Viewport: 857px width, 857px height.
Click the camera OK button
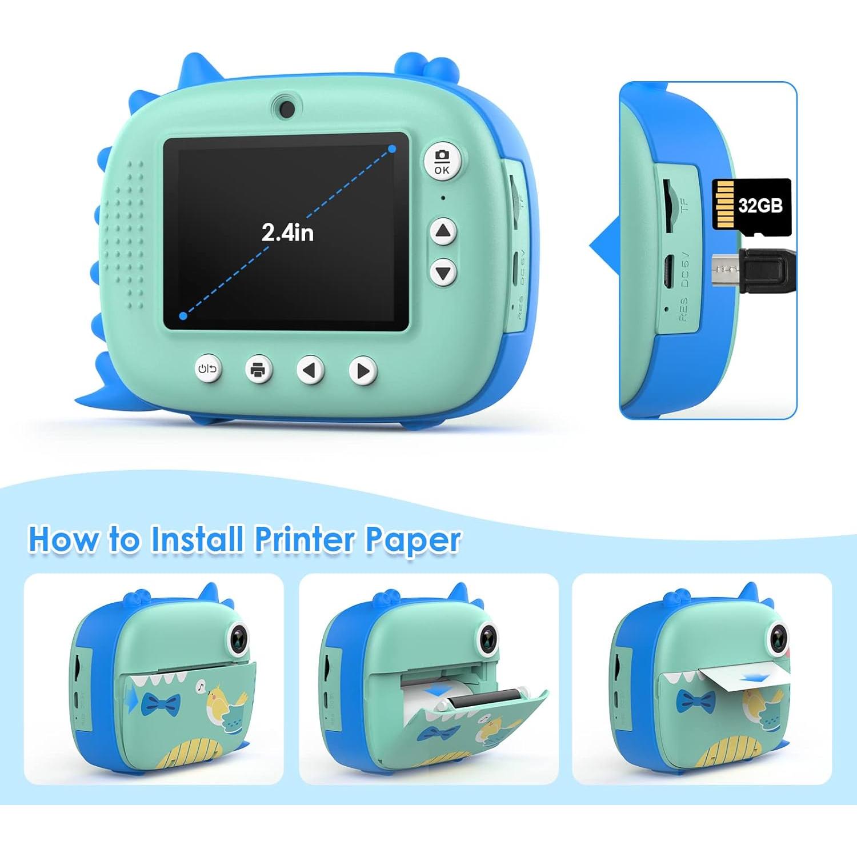click(x=442, y=161)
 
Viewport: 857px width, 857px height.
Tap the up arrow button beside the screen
click(x=443, y=231)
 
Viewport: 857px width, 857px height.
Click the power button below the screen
click(x=207, y=369)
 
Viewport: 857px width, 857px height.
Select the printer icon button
click(x=258, y=370)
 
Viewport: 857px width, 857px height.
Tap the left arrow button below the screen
click(x=310, y=370)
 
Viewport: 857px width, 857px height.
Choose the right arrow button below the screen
click(x=362, y=371)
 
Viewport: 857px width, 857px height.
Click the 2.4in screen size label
click(x=287, y=233)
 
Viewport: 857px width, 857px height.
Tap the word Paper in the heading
click(x=413, y=540)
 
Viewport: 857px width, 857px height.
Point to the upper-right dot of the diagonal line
click(x=392, y=149)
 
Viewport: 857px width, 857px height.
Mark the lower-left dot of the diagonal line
click(x=183, y=315)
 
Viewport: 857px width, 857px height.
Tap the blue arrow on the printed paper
click(x=755, y=678)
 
